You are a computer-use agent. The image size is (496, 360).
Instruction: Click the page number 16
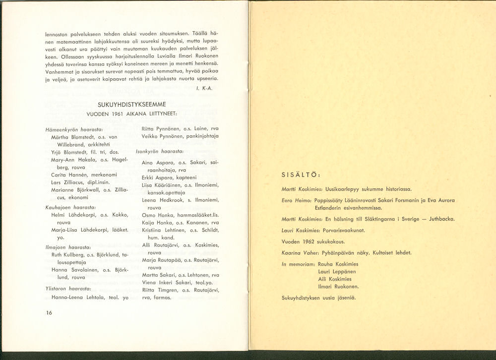point(49,312)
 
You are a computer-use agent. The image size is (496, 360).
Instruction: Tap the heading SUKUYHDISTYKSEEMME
point(131,105)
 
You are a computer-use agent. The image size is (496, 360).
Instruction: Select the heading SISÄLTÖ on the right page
point(301,175)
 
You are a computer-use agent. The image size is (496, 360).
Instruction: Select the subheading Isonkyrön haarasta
point(160,151)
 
